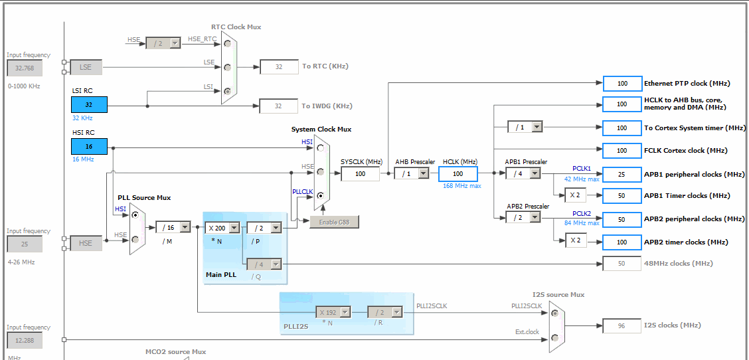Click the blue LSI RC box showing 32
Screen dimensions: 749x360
coord(89,105)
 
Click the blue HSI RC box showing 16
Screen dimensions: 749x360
coord(89,146)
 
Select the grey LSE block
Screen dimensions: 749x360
coord(86,67)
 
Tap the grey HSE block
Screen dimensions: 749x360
coord(86,243)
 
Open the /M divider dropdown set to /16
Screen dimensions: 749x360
coord(173,228)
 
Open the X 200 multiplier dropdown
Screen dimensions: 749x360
coord(222,228)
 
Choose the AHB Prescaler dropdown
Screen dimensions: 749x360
coord(411,173)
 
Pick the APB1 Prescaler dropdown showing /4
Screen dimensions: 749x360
coord(523,173)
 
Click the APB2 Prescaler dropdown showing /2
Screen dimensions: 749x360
coord(523,217)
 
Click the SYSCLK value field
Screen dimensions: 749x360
coord(360,173)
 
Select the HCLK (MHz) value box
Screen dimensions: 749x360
coord(458,173)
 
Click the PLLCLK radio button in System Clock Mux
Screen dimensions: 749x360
coord(321,195)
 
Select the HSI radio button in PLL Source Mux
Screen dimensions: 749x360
coord(135,216)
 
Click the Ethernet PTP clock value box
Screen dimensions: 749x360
coord(622,83)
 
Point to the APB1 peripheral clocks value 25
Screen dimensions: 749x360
coord(622,174)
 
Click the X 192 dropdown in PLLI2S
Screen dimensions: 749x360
coord(333,312)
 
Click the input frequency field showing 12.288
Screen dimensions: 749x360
coord(25,341)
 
